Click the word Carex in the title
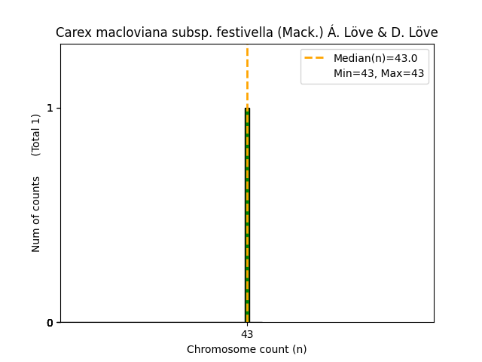(x=72, y=33)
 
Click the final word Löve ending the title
(x=423, y=33)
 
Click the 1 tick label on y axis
(x=50, y=108)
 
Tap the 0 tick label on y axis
(x=50, y=323)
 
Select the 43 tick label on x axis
(x=247, y=334)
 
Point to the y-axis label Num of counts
(x=36, y=214)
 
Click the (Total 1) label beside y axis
(x=36, y=135)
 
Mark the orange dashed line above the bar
(x=247, y=75)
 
